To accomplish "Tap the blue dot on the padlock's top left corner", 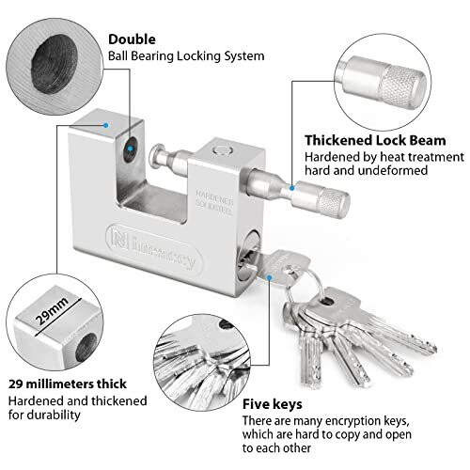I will click(106, 123).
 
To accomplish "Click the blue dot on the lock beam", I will click(291, 188).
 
